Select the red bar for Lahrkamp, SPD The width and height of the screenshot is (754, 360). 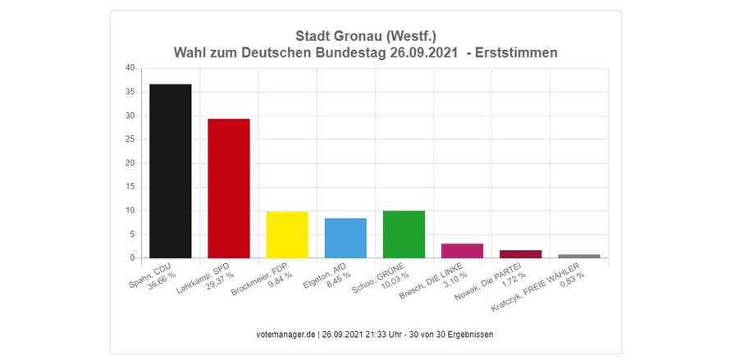229,189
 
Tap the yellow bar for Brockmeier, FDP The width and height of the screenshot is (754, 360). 287,235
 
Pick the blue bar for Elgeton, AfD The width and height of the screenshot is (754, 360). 345,238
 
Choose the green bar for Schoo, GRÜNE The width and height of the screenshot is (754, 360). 404,235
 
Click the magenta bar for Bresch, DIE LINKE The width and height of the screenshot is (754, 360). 462,251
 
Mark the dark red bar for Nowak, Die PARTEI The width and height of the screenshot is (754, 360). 520,254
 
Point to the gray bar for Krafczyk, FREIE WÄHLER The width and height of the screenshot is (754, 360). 578,256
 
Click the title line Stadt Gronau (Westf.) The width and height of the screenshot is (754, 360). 365,36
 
